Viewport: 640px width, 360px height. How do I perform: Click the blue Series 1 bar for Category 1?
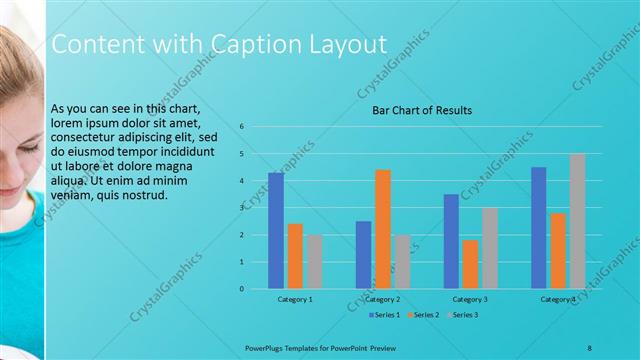275,231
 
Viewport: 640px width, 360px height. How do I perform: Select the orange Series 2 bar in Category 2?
383,229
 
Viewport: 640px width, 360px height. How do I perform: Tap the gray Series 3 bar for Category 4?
577,221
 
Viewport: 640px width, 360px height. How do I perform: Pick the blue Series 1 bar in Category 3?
451,241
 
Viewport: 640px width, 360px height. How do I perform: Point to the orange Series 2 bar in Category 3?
470,264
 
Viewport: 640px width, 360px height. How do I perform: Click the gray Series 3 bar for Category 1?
314,262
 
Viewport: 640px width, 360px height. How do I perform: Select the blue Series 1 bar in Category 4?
539,228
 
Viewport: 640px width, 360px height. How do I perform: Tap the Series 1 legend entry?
385,315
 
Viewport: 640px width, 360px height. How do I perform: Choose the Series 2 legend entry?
424,315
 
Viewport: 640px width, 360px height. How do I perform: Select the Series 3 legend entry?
464,315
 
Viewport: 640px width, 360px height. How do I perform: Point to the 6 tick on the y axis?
242,127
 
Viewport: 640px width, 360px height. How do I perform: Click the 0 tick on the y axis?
242,289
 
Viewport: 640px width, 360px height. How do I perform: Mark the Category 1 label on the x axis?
295,299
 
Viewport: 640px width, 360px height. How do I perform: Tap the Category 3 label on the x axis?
470,299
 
